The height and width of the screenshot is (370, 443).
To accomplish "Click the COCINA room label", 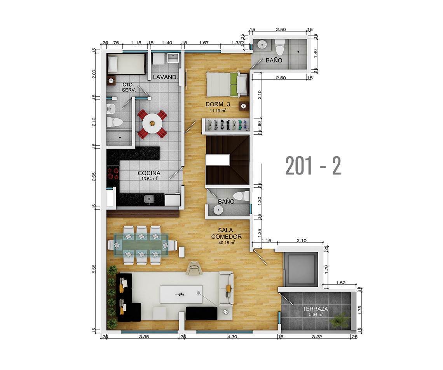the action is tap(149, 173).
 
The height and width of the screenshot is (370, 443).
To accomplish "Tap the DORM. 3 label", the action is tap(218, 104).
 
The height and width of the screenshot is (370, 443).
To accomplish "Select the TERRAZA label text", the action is tap(315, 309).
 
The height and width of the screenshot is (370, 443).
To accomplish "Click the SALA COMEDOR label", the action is tap(226, 234).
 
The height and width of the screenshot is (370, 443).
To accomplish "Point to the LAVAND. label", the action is tap(166, 77).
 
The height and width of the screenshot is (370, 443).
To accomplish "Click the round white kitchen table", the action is tap(152, 123).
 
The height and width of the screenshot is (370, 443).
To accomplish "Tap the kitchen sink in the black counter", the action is tap(149, 199).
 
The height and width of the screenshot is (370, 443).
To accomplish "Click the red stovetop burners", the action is tap(113, 173).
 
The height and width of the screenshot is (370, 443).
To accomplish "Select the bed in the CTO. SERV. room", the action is tap(126, 64).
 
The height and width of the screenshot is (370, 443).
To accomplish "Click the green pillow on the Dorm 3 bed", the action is tap(234, 84).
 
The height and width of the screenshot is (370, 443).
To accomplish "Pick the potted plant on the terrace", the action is tap(340, 320).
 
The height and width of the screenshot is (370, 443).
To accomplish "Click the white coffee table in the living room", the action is tap(181, 294).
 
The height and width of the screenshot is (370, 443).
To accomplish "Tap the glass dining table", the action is tap(141, 245).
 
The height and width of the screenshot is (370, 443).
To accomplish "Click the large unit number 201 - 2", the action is tap(313, 166).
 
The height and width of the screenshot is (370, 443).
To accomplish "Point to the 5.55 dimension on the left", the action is tap(94, 269).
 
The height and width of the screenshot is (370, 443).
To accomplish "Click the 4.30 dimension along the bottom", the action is tap(232, 337).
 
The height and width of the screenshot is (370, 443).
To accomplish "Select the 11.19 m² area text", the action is tap(218, 111).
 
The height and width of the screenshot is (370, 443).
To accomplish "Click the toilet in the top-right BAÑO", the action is tap(280, 47).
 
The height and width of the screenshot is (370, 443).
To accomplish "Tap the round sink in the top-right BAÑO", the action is tap(262, 45).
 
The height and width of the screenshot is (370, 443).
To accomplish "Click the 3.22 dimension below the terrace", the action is tap(317, 337).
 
